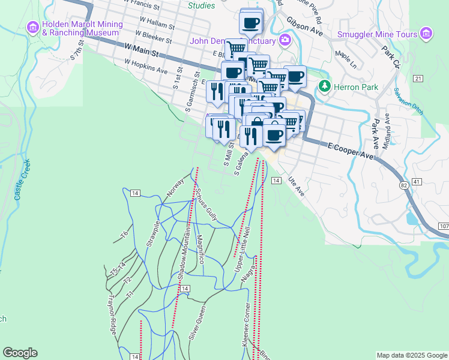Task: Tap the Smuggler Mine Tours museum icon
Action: coord(426,34)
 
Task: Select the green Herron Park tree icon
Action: coord(324,86)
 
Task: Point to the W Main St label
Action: coord(140,50)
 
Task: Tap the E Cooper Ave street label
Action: coord(351,151)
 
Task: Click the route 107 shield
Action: coord(444,226)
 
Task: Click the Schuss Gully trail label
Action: coord(205,205)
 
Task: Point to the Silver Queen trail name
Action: coord(197,323)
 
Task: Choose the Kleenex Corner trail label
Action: coord(246,324)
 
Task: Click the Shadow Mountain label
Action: coord(184,255)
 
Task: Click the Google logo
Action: coord(20,353)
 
